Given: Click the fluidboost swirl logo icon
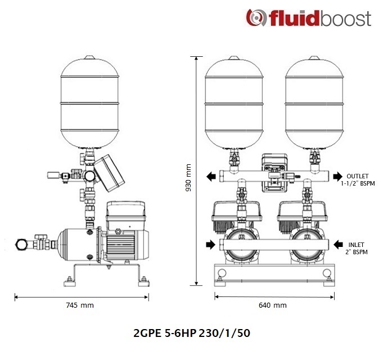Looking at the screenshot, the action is pyautogui.click(x=256, y=17).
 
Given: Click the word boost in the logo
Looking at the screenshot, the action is pyautogui.click(x=345, y=18).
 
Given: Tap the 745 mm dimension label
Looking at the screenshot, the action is pyautogui.click(x=80, y=305).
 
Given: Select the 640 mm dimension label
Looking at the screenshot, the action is pyautogui.click(x=273, y=305).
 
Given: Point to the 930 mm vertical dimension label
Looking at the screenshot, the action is pyautogui.click(x=188, y=178).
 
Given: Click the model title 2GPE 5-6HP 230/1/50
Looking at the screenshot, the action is pyautogui.click(x=192, y=333).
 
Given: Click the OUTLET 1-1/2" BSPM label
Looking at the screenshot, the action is pyautogui.click(x=358, y=180).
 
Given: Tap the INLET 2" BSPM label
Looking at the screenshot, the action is pyautogui.click(x=357, y=248).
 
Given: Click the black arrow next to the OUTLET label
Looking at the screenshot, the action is pyautogui.click(x=338, y=176).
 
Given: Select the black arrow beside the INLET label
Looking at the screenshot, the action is pyautogui.click(x=339, y=244).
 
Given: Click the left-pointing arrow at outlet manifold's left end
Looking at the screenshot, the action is pyautogui.click(x=211, y=176).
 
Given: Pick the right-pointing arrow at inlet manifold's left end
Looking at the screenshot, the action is pyautogui.click(x=210, y=244).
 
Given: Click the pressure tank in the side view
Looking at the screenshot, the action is pyautogui.click(x=89, y=102).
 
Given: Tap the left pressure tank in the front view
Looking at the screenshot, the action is pyautogui.click(x=234, y=102).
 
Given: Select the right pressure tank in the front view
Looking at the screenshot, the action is pyautogui.click(x=314, y=102).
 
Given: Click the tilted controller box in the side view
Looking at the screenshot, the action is pyautogui.click(x=109, y=173).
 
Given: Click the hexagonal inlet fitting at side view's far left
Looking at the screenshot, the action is pyautogui.click(x=21, y=244).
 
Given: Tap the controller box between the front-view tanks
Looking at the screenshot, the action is pyautogui.click(x=274, y=173).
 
